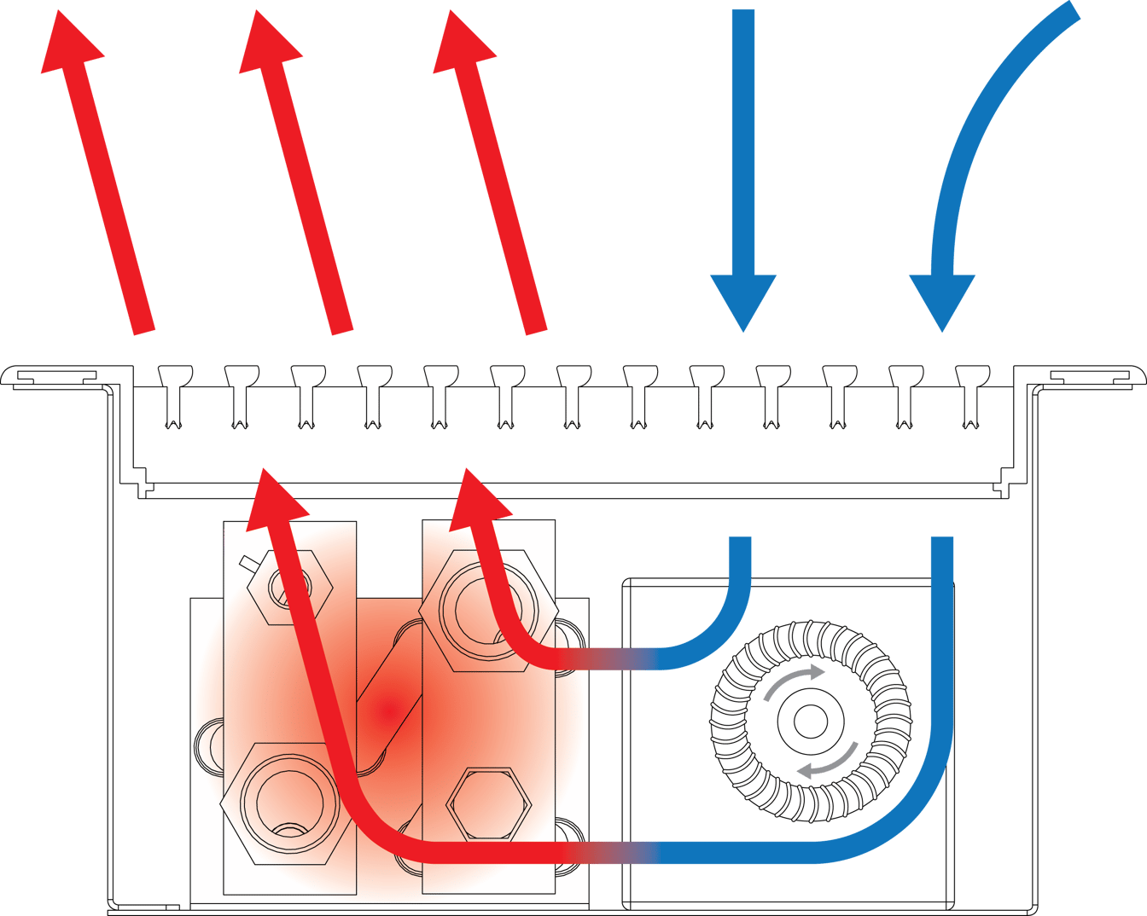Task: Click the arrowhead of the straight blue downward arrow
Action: tap(743, 299)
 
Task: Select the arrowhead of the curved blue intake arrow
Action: tap(942, 299)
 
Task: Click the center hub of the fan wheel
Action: tap(806, 722)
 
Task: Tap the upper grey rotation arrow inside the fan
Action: tap(795, 680)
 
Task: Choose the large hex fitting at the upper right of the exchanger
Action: tap(475, 610)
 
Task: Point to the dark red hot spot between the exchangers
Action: tap(388, 708)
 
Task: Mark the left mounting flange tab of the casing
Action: tap(53, 376)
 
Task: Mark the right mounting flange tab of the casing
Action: tap(1092, 376)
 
